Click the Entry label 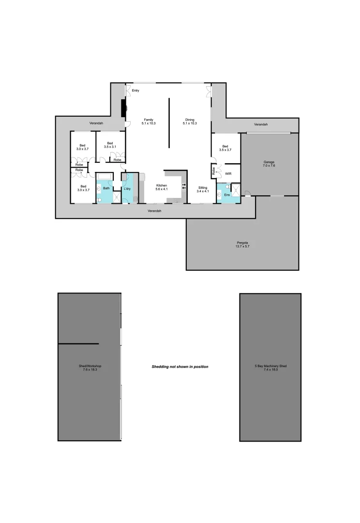[135, 91]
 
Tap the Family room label [148, 122]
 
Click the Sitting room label [202, 189]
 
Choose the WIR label [228, 173]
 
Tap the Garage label [269, 164]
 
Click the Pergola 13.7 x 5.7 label [242, 244]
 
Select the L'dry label [127, 188]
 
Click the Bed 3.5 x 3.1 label [110, 145]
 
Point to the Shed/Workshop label [90, 368]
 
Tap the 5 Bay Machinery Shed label [270, 368]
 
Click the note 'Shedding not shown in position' [180, 367]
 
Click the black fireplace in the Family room [123, 108]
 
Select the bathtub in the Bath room [105, 177]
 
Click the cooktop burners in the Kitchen [184, 186]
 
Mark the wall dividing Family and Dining [169, 123]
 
